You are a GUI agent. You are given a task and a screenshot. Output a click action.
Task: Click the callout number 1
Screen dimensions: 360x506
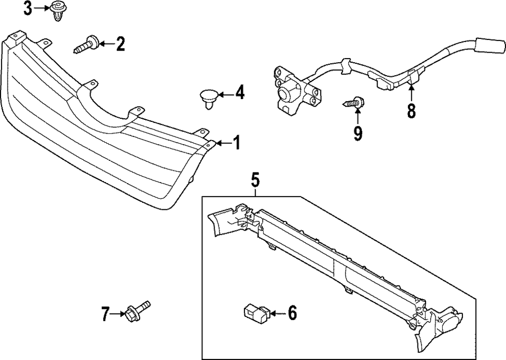click(236, 144)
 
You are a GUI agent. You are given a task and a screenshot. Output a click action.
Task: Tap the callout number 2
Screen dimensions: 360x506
click(120, 44)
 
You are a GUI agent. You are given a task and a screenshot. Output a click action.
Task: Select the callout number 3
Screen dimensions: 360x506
click(28, 8)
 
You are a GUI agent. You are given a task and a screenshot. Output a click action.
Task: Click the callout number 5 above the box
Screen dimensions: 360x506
click(256, 179)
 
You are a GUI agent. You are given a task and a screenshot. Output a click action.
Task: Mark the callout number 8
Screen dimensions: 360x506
click(411, 111)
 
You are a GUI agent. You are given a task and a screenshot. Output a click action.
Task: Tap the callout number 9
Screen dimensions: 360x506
click(358, 133)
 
